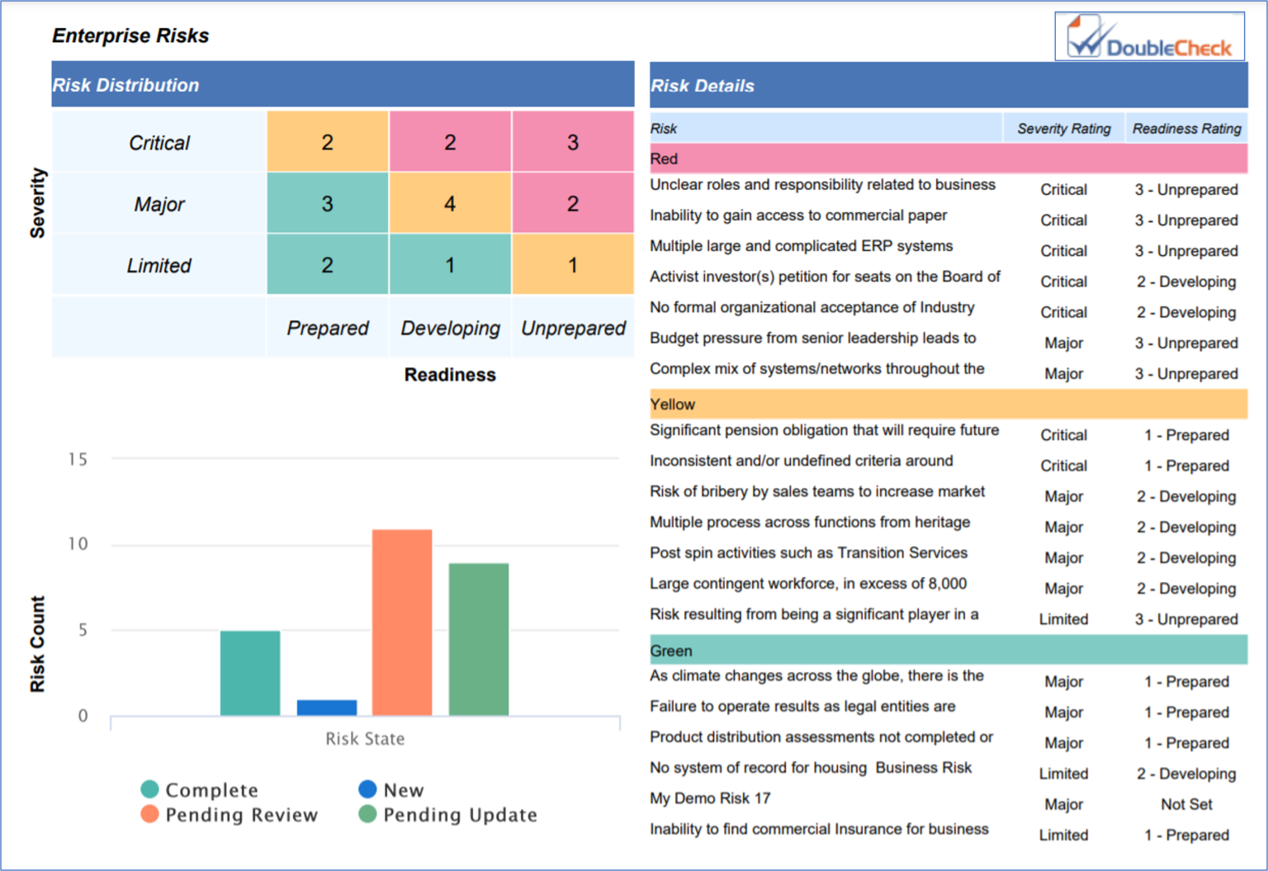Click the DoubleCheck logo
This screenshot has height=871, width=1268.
pos(1149,37)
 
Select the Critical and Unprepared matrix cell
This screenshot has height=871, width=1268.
pos(573,142)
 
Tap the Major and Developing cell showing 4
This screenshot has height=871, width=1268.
pos(450,204)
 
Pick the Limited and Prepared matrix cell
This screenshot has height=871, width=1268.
pos(327,265)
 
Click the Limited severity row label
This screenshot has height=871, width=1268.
pos(158,266)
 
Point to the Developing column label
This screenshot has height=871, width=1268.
pos(450,329)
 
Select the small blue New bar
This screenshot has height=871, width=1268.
pos(327,708)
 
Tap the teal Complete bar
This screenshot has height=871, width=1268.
pos(250,673)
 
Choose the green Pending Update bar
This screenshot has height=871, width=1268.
pos(479,639)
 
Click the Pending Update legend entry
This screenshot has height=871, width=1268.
pos(449,815)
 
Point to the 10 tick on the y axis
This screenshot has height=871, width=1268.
pos(78,544)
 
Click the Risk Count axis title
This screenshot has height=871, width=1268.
pos(37,644)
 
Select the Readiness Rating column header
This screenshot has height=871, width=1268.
pos(1186,129)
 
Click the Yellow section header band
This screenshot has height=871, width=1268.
pos(948,405)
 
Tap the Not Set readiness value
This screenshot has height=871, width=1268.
pos(1186,804)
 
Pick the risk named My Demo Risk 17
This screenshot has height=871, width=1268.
pos(710,798)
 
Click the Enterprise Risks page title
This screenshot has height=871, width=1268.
pos(130,36)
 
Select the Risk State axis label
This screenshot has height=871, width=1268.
pos(365,739)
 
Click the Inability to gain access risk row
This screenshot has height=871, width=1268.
pos(798,215)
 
